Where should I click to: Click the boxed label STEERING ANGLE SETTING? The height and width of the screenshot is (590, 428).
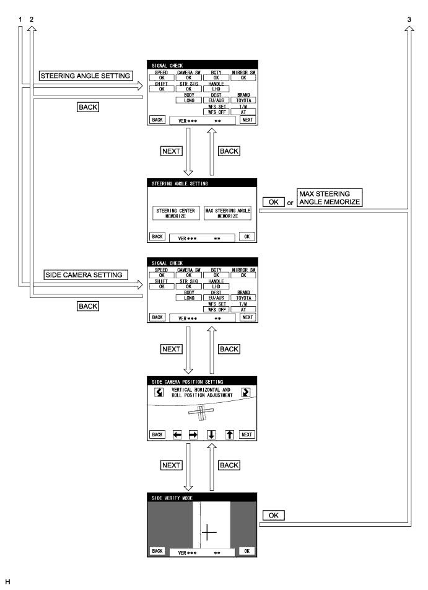85,76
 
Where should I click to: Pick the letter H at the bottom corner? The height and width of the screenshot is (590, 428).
7,583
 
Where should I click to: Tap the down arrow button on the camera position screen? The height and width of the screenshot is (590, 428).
211,435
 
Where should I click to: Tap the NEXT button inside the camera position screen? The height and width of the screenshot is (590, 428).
247,434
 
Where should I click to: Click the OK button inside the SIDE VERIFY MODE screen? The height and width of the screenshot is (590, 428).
247,550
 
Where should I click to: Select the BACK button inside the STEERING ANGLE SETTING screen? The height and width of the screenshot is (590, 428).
157,236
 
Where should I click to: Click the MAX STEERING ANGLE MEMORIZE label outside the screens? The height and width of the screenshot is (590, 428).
329,196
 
